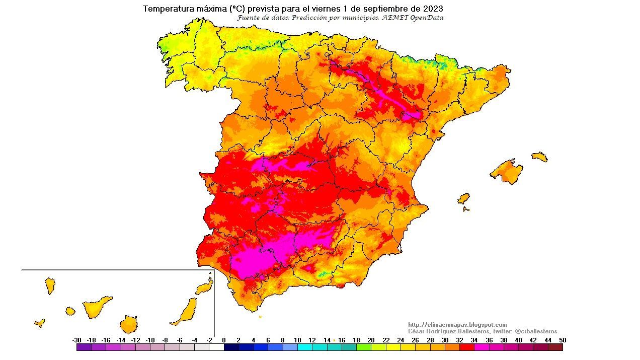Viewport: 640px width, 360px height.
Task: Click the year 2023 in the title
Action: pos(433,9)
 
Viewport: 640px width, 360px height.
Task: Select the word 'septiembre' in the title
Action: pos(384,9)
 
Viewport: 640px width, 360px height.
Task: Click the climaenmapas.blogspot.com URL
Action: pos(457,325)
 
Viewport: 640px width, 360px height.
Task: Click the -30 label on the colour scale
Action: pos(77,340)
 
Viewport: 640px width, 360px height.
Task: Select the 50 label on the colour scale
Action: pos(562,340)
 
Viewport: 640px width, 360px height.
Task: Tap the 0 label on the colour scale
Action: pos(224,340)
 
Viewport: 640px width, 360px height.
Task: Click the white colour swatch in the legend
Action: pos(216,347)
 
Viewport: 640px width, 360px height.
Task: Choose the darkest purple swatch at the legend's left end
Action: pos(84,347)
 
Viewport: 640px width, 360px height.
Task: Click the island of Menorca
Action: pos(539,157)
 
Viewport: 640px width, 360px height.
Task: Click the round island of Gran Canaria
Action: pos(129,324)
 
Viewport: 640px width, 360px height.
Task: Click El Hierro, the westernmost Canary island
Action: pos(39,323)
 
